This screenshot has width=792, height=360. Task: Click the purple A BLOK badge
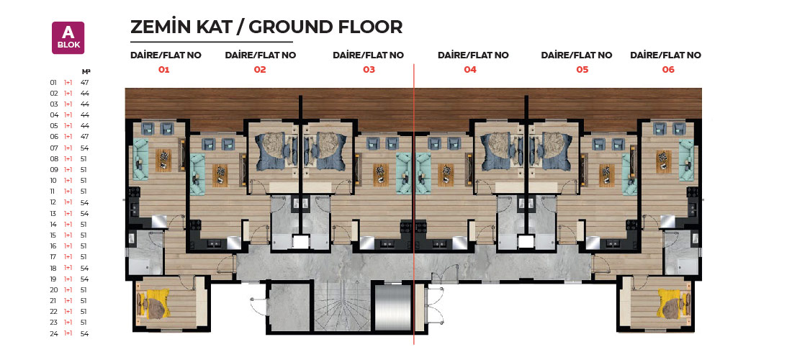[68, 38]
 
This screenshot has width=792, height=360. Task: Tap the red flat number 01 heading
[163, 70]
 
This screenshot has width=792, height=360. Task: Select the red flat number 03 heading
[369, 70]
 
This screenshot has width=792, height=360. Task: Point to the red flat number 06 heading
[668, 70]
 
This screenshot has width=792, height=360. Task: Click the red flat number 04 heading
[470, 70]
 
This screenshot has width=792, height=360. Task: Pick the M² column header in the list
[86, 71]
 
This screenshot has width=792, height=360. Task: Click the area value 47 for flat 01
[85, 82]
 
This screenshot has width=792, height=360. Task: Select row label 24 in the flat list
[54, 334]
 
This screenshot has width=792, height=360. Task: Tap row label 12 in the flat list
[54, 202]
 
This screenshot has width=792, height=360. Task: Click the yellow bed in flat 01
[154, 303]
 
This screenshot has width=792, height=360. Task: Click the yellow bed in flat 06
[673, 303]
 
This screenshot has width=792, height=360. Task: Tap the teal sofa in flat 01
[140, 159]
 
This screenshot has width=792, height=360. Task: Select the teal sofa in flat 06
[686, 159]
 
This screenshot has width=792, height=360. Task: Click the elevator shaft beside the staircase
[392, 307]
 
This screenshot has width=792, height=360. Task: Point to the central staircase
[342, 307]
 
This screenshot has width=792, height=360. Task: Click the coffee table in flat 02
[220, 175]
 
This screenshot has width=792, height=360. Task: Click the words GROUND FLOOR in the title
[325, 27]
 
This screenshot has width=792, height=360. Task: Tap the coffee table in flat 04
[446, 175]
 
